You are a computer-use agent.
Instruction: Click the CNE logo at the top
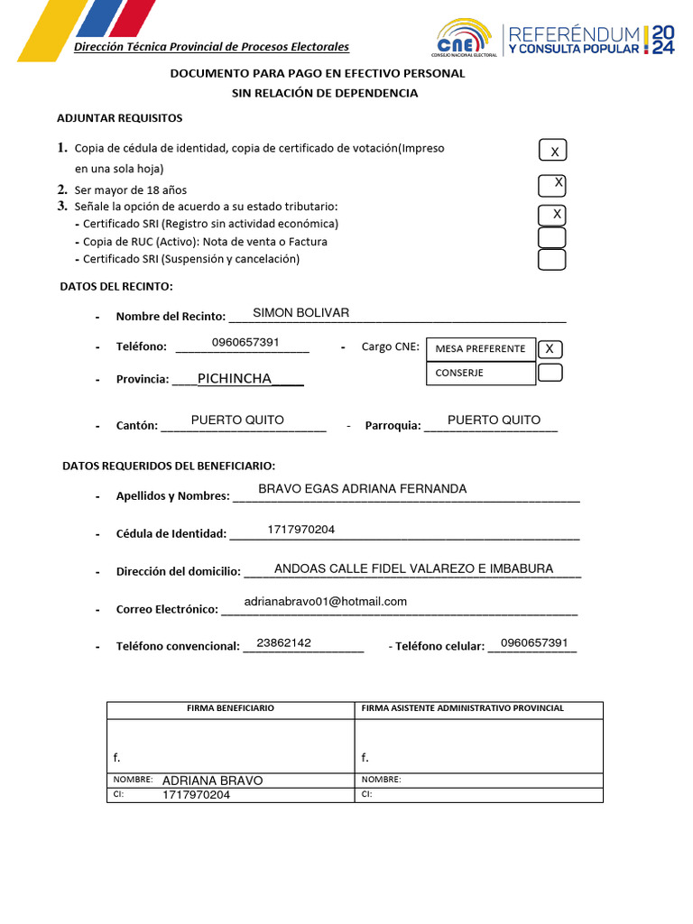click(x=463, y=40)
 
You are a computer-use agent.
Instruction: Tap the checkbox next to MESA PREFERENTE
click(x=550, y=349)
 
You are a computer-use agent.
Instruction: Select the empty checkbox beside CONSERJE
click(x=550, y=373)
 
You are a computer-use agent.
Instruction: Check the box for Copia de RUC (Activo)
click(x=551, y=238)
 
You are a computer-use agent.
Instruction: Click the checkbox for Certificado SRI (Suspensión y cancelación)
click(x=551, y=260)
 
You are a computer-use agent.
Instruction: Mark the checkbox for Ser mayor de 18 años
click(x=551, y=185)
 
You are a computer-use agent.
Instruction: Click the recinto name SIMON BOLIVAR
click(x=300, y=312)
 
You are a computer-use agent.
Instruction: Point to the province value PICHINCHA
click(x=235, y=378)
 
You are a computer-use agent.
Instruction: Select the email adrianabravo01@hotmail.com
click(x=326, y=601)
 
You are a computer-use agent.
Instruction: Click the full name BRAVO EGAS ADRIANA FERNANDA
click(x=363, y=488)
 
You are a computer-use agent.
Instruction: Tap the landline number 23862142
click(x=283, y=642)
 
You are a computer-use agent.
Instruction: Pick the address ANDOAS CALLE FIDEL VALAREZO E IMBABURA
click(x=413, y=568)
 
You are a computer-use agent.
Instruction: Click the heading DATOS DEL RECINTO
click(x=115, y=287)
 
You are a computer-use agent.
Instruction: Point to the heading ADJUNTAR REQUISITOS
click(x=119, y=118)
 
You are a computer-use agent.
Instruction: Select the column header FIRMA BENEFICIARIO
click(x=230, y=708)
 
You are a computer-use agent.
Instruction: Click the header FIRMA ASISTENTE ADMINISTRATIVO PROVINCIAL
click(x=462, y=708)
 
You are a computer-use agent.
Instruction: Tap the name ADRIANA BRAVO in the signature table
click(x=212, y=781)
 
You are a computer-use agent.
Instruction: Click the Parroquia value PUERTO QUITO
click(x=494, y=420)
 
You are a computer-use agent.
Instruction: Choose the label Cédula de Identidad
click(x=171, y=533)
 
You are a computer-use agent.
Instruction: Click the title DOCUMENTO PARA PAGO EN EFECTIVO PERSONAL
click(x=318, y=73)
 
